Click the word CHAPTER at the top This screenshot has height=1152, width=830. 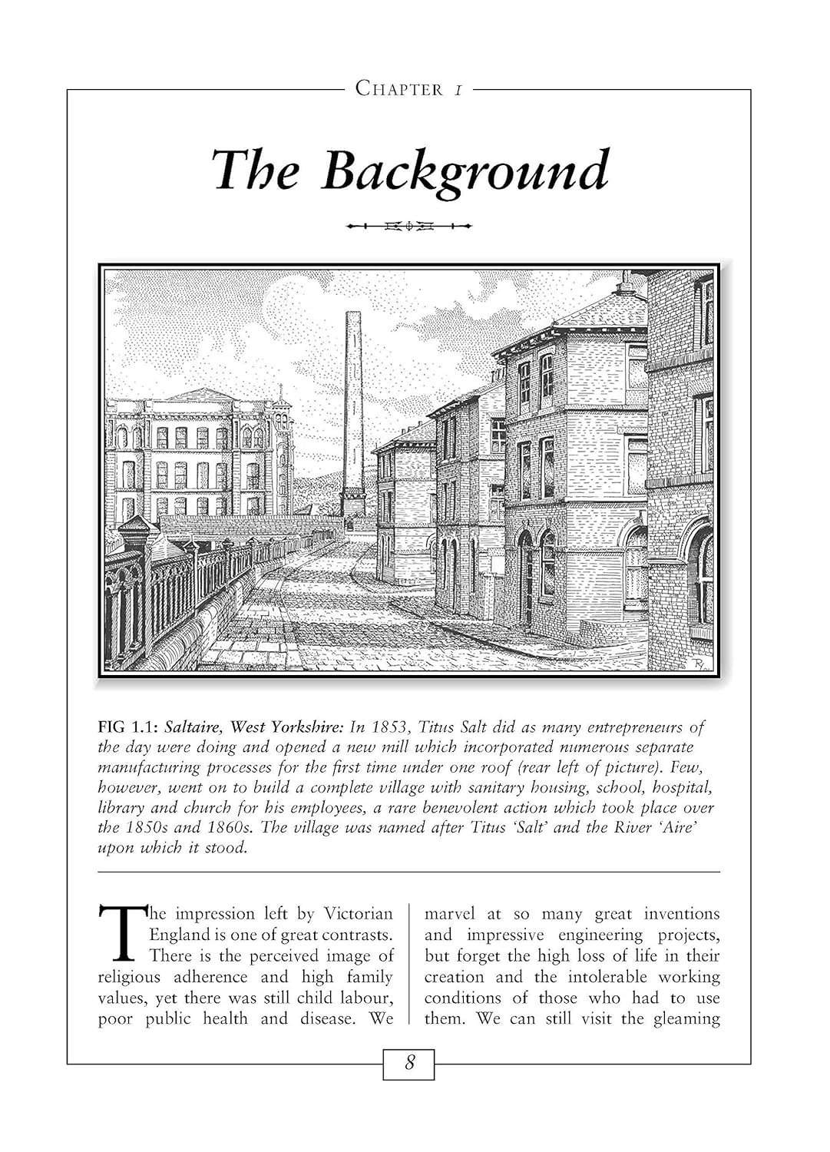(x=398, y=89)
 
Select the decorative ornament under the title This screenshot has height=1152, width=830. (x=409, y=226)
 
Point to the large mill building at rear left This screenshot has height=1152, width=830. (x=200, y=453)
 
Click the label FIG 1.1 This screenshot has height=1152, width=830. (x=128, y=727)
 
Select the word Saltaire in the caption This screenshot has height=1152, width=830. (x=195, y=727)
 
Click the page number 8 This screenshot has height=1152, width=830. (x=409, y=1064)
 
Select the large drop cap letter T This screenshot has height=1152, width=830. (x=120, y=933)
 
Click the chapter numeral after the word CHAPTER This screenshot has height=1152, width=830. (x=457, y=90)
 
